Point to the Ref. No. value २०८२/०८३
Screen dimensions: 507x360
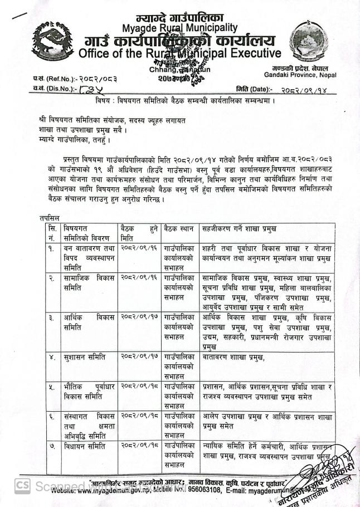(94, 79)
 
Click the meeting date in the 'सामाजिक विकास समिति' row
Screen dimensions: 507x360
(139, 277)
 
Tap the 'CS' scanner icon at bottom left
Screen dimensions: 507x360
(22, 486)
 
